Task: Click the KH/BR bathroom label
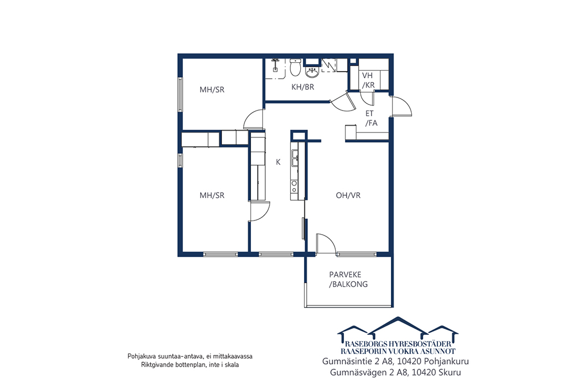click(302, 87)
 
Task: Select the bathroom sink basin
click(312, 72)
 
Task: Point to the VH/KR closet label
click(368, 80)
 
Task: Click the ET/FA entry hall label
click(371, 118)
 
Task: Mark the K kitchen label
click(278, 162)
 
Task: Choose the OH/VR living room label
click(348, 195)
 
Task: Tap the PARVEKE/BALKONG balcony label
click(348, 279)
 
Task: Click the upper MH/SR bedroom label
click(212, 90)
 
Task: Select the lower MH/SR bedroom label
click(212, 195)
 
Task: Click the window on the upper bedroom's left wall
click(180, 94)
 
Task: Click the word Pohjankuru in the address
click(447, 362)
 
